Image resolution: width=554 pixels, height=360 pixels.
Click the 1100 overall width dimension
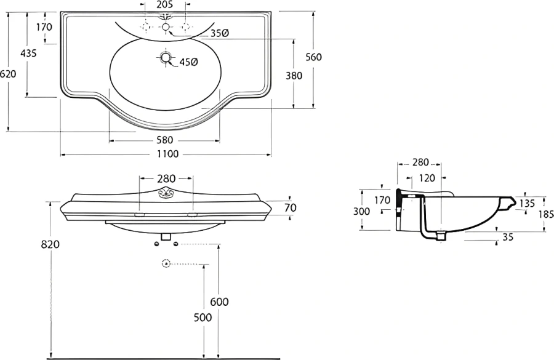pyautogui.click(x=168, y=154)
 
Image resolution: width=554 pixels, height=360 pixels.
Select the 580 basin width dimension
pyautogui.click(x=164, y=140)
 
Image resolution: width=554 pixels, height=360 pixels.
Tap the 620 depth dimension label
pyautogui.click(x=8, y=74)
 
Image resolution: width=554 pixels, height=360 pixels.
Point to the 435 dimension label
pyautogui.click(x=28, y=54)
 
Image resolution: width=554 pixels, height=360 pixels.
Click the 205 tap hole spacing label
pyautogui.click(x=164, y=4)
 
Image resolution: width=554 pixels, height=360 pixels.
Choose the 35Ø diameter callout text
pyautogui.click(x=220, y=33)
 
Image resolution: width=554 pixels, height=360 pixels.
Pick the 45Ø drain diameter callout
pyautogui.click(x=189, y=62)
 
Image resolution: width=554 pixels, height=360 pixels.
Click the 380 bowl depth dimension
pyautogui.click(x=294, y=76)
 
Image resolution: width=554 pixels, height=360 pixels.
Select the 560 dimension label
pyautogui.click(x=314, y=57)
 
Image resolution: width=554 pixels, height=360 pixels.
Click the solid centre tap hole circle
pyautogui.click(x=166, y=26)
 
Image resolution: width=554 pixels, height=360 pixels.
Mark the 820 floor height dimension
pyautogui.click(x=50, y=244)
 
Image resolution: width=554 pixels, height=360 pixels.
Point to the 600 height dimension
pyautogui.click(x=219, y=302)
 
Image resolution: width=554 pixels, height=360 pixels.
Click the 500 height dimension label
pyautogui.click(x=203, y=318)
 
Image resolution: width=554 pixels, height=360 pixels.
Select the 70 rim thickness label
pyautogui.click(x=291, y=208)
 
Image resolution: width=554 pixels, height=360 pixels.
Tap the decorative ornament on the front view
pyautogui.click(x=166, y=192)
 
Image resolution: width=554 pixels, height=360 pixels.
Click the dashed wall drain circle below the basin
pyautogui.click(x=166, y=263)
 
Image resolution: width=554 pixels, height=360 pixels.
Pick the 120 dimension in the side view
pyautogui.click(x=427, y=178)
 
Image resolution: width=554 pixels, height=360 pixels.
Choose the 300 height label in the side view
pyautogui.click(x=361, y=211)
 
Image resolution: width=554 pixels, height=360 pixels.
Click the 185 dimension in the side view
pyautogui.click(x=546, y=214)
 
